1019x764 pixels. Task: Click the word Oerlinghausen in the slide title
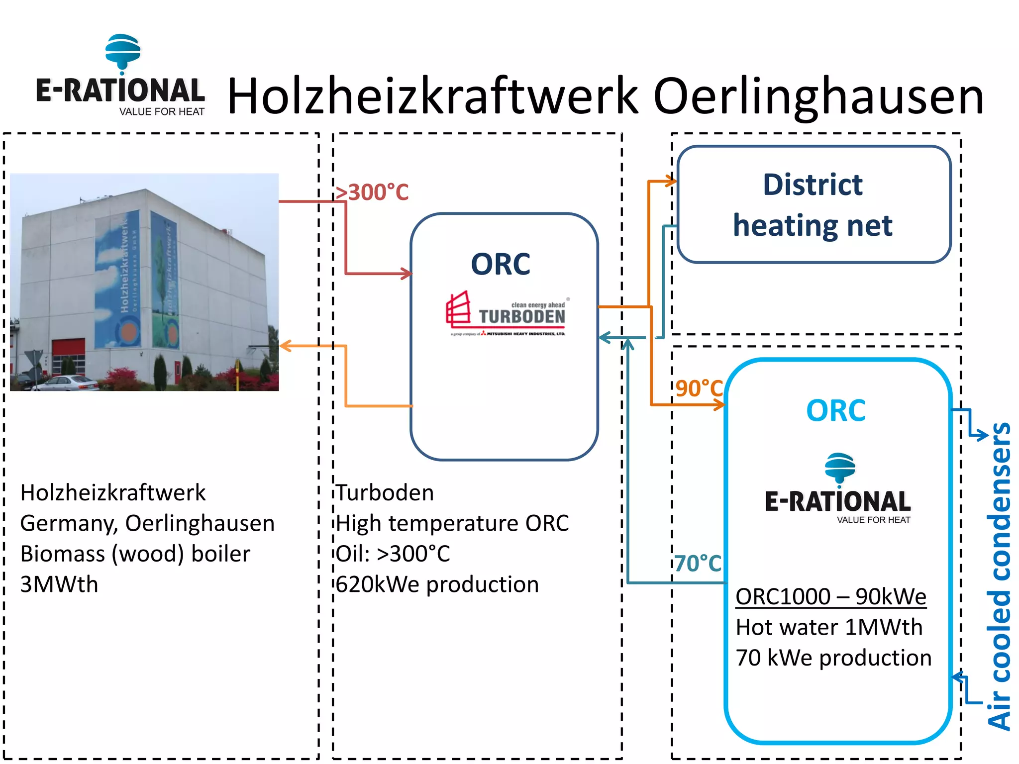[818, 96]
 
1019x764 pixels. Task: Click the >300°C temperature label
[372, 192]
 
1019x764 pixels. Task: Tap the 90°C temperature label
[699, 388]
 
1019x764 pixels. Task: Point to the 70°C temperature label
[698, 564]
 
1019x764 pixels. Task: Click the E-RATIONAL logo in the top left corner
[120, 76]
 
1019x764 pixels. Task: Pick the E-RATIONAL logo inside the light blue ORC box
[838, 489]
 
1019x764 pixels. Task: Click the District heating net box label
[813, 204]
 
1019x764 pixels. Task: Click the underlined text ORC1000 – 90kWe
[830, 596]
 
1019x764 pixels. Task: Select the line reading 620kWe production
[437, 584]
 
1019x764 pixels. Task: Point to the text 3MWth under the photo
[59, 584]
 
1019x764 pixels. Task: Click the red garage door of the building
[69, 356]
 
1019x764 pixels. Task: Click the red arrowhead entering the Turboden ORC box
[407, 273]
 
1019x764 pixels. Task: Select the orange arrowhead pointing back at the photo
[286, 346]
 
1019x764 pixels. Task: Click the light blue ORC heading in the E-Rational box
[836, 411]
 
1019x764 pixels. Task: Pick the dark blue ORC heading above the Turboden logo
[501, 264]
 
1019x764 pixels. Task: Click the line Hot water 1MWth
[829, 627]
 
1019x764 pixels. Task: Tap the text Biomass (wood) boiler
[135, 554]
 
